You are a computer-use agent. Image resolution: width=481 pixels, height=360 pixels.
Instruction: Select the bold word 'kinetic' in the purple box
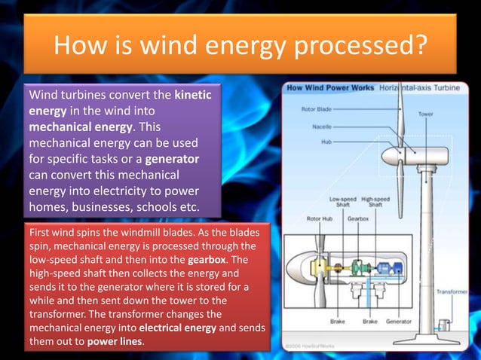tap(193, 96)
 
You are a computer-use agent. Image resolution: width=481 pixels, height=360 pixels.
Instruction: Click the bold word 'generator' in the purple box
tap(172, 160)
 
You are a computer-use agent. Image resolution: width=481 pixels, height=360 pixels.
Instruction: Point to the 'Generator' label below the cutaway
tap(400, 321)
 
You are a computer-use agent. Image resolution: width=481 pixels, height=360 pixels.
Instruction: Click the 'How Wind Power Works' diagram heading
tap(329, 87)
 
